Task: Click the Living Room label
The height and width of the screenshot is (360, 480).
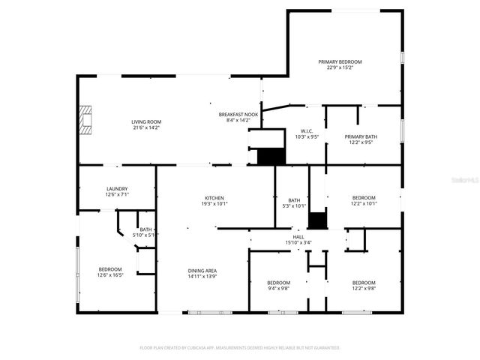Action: click(x=146, y=121)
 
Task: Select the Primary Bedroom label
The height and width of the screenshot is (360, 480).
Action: click(x=340, y=61)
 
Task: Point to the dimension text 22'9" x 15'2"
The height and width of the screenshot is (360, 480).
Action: click(x=340, y=68)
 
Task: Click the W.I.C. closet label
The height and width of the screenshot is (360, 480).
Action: click(x=306, y=130)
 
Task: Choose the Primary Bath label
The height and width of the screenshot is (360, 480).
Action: click(x=361, y=136)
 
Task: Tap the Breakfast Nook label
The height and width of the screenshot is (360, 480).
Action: click(x=238, y=114)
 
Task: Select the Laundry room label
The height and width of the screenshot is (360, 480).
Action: click(x=116, y=189)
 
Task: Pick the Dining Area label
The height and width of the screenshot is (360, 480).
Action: click(x=202, y=271)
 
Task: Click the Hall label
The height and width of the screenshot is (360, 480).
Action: click(x=298, y=236)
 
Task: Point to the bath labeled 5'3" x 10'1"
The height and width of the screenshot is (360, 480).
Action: click(x=294, y=202)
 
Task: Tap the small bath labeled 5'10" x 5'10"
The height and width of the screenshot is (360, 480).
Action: click(x=145, y=232)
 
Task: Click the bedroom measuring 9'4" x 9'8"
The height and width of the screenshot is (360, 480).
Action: click(x=278, y=285)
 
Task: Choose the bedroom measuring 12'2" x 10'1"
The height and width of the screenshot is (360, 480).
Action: click(x=364, y=199)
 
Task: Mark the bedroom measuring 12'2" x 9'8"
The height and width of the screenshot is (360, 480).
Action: click(x=364, y=285)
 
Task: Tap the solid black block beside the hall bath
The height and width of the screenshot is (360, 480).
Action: click(x=318, y=220)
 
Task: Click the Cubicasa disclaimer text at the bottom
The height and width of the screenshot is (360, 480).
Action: click(x=240, y=347)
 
